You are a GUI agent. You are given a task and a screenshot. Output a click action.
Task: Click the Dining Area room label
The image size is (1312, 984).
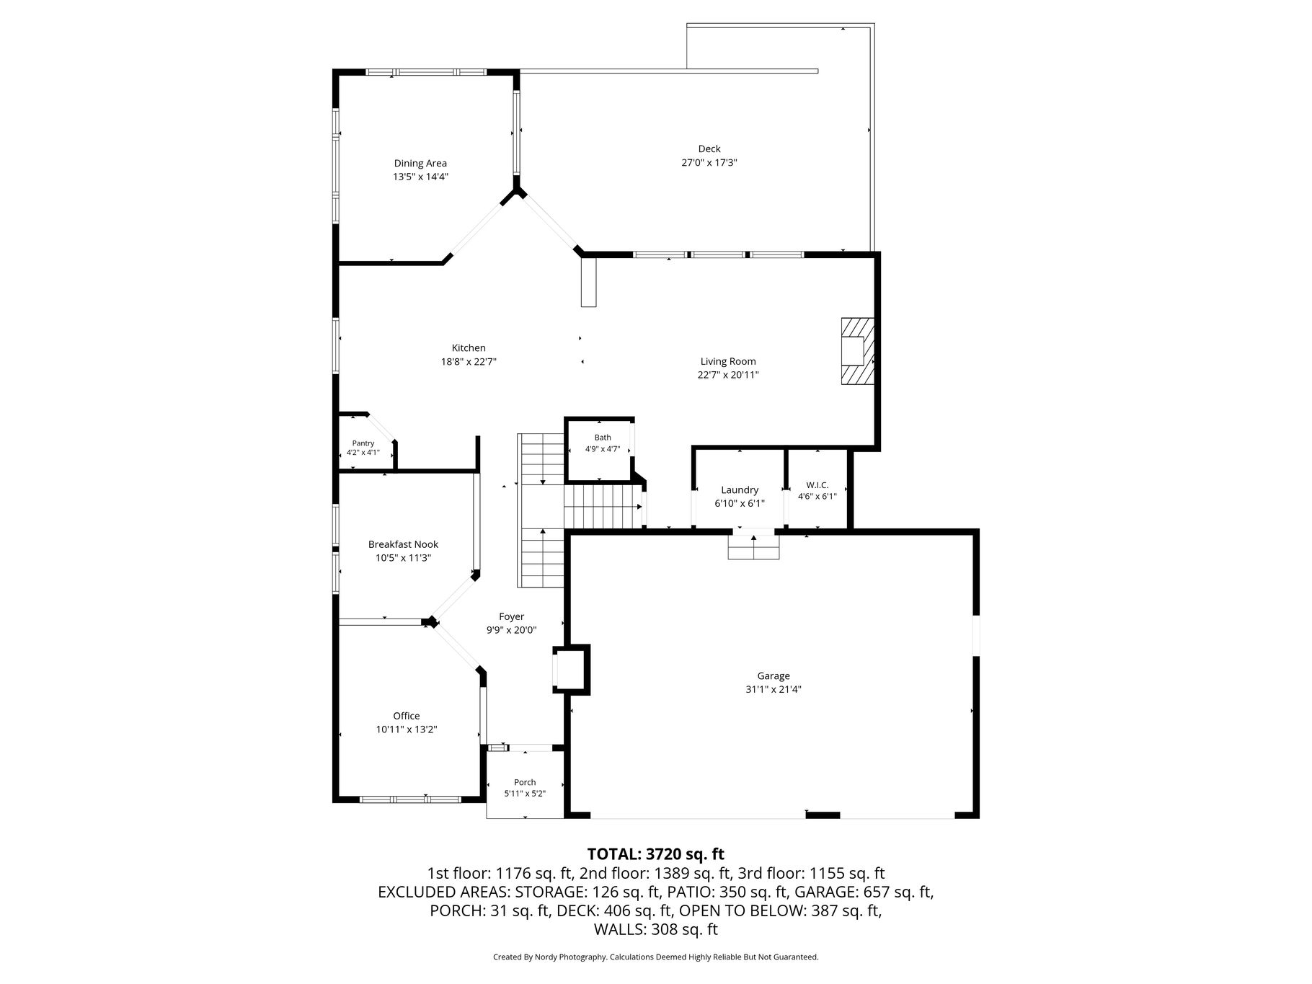(420, 163)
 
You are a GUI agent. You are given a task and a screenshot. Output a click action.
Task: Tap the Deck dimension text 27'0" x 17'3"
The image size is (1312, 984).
(709, 162)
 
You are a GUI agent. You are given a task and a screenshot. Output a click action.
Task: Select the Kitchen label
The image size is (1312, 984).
(469, 348)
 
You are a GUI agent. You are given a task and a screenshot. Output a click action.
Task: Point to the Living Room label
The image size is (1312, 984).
(728, 361)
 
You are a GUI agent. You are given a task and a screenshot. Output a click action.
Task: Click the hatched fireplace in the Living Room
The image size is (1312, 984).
(858, 351)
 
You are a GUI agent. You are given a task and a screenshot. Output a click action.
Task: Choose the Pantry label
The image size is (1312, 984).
(363, 443)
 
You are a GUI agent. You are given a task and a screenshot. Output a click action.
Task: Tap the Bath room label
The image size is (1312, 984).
(603, 438)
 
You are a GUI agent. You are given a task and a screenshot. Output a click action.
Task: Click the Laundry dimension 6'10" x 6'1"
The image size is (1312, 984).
(740, 503)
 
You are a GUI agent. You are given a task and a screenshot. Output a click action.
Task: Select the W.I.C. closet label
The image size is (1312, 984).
(817, 485)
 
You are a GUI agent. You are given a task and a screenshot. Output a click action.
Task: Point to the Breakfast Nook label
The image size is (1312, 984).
(403, 544)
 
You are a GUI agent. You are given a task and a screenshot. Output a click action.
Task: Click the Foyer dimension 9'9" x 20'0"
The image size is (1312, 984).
(512, 630)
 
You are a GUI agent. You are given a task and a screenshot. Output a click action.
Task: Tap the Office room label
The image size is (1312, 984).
(407, 716)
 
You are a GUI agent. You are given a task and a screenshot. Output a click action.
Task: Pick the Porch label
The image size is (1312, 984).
(525, 782)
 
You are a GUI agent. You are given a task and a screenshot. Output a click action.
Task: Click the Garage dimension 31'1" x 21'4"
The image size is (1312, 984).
(774, 689)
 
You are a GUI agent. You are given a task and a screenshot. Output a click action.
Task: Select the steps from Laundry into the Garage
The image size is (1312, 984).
(754, 546)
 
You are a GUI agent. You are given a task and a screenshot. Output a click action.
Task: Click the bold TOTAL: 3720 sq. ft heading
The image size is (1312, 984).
(656, 854)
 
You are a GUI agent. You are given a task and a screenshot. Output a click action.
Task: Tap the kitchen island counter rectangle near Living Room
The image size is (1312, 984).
(589, 282)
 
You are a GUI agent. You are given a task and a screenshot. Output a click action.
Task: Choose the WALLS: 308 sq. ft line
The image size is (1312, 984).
(656, 929)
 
